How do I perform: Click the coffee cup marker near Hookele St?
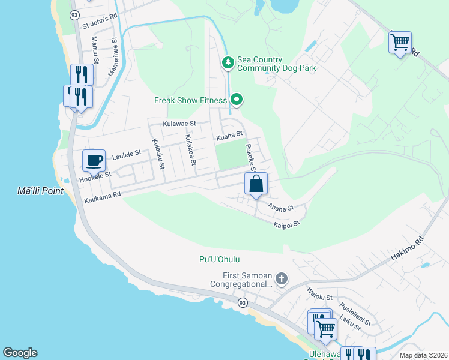point(94,160)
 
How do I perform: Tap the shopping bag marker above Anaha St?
point(256,184)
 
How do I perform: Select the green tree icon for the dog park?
point(228,62)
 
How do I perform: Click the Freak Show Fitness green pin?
point(237,100)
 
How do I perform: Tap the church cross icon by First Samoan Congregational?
point(281,278)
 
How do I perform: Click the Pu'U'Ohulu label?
point(219,259)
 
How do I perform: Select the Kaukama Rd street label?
point(103,196)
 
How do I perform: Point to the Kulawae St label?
point(179,123)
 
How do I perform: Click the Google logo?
point(20,353)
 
